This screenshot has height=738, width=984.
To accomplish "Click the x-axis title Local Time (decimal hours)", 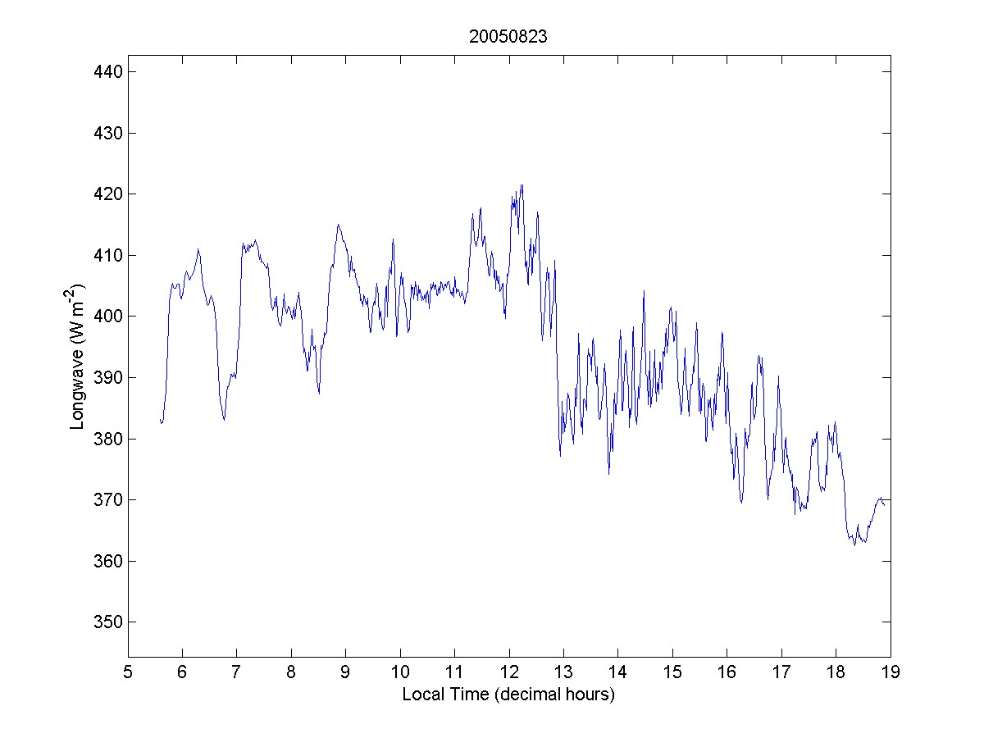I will point(508,695).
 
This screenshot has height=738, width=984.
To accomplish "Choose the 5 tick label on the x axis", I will point(128,673).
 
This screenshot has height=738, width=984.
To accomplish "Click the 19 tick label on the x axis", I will point(891,673).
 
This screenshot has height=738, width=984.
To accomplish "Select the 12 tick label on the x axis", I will point(509,673).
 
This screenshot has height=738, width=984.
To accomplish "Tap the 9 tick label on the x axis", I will point(346,673).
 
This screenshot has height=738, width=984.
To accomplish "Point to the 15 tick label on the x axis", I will point(672,673).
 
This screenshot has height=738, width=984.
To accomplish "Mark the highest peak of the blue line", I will point(522,184).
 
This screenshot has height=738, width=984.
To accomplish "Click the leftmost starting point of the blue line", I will point(160,420).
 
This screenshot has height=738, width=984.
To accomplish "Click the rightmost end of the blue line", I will point(884,504).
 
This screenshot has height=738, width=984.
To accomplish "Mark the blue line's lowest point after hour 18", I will point(854,545).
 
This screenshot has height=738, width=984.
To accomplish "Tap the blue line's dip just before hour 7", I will point(224,420).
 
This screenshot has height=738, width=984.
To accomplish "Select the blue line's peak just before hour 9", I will point(338,224).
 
